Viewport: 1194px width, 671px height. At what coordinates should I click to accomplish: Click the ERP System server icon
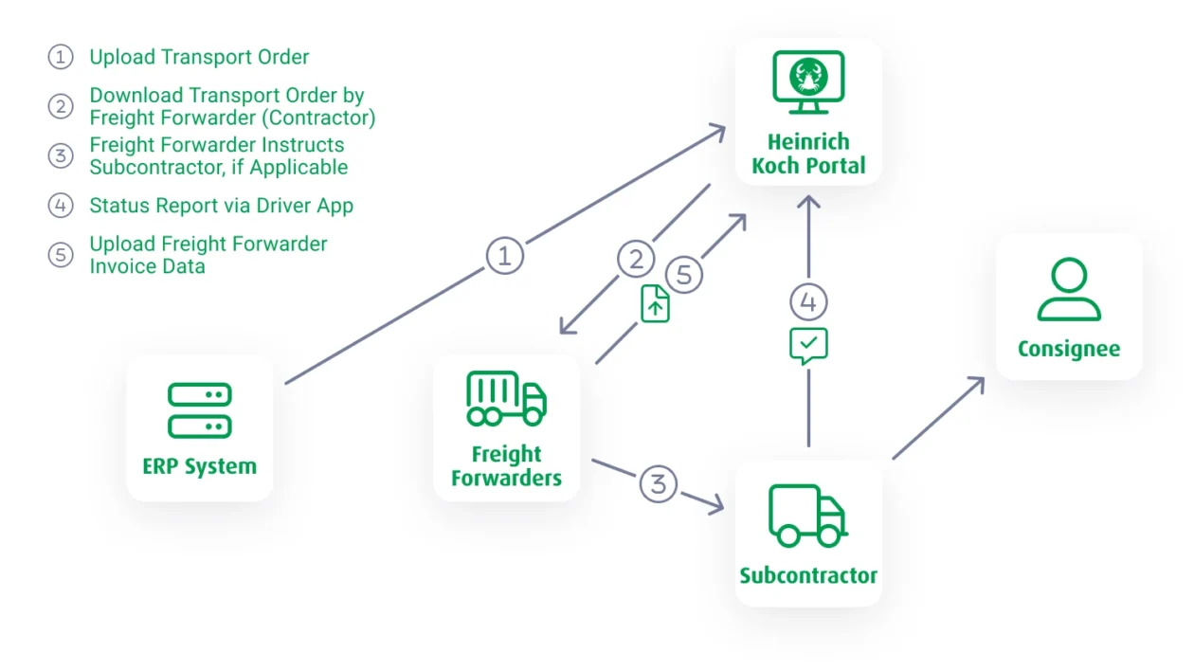[200, 410]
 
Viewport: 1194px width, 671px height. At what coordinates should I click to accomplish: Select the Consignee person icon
[1069, 290]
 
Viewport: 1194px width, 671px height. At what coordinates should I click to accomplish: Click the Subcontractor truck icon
[807, 517]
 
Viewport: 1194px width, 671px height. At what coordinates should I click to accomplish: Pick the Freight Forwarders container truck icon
[506, 398]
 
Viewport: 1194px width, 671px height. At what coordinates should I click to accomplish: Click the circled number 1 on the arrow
[505, 255]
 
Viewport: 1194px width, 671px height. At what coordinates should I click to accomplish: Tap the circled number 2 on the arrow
[636, 259]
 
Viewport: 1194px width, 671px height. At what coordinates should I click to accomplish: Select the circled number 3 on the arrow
[659, 483]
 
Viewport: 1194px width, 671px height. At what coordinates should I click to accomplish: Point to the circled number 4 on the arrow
[808, 302]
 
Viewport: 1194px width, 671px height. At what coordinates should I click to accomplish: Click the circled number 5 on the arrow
[684, 275]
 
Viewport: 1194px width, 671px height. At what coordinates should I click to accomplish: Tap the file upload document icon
[656, 304]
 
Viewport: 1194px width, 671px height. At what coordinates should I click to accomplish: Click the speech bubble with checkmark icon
[808, 346]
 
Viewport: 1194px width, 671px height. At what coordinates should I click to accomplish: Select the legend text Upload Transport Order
[199, 57]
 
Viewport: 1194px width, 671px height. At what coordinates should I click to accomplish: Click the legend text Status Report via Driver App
[221, 206]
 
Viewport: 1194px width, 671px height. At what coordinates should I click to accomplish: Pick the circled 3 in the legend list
[61, 156]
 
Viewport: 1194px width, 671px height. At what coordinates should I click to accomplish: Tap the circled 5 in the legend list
[61, 255]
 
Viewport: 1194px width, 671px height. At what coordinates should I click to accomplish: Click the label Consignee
[1069, 349]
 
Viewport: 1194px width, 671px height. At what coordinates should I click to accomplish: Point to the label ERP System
[200, 466]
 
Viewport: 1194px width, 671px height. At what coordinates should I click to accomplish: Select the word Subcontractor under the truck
[808, 575]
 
